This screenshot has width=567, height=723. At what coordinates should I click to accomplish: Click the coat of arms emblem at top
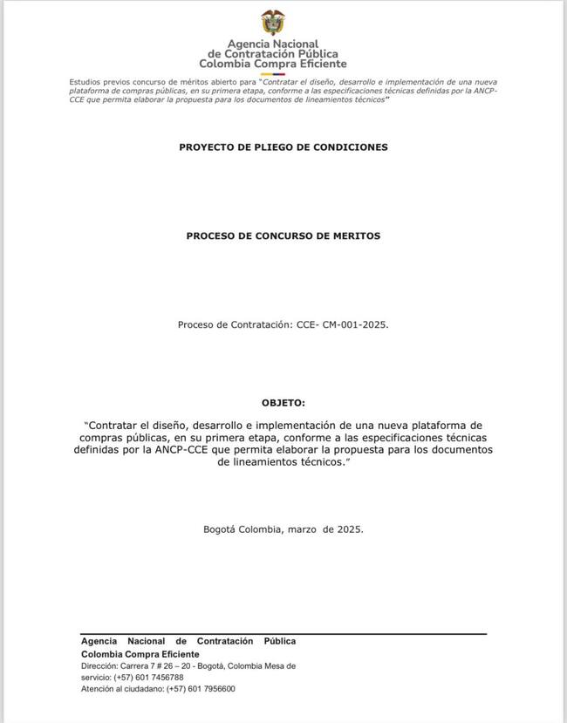pyautogui.click(x=272, y=22)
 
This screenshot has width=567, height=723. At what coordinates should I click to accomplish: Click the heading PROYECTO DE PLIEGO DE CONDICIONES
pyautogui.click(x=283, y=147)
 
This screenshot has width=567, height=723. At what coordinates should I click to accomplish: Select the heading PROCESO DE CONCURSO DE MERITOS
pyautogui.click(x=283, y=236)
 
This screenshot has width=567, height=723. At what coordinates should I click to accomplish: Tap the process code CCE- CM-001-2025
pyautogui.click(x=343, y=324)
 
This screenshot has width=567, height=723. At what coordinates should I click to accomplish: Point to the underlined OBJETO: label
pyautogui.click(x=283, y=403)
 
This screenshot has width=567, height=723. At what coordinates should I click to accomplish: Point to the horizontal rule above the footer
pyautogui.click(x=283, y=634)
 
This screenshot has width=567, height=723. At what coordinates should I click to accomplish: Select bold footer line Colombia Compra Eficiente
pyautogui.click(x=140, y=654)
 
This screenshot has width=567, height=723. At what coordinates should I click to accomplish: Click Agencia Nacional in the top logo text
pyautogui.click(x=272, y=44)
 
